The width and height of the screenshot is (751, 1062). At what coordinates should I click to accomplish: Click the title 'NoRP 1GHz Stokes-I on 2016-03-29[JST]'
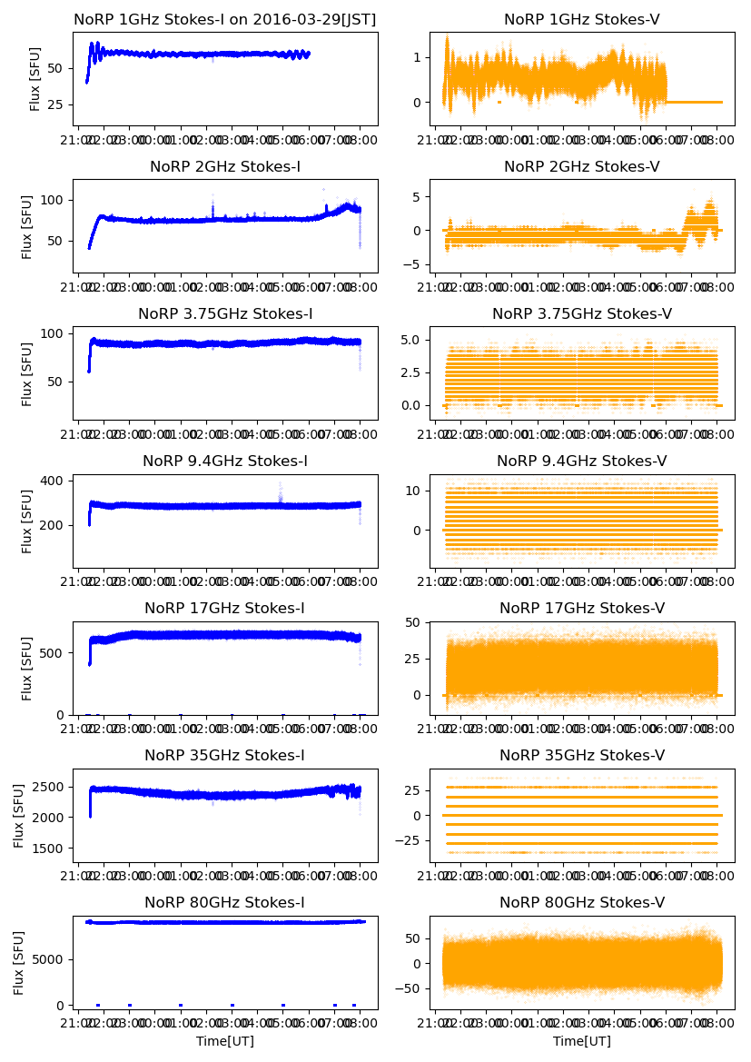(x=224, y=19)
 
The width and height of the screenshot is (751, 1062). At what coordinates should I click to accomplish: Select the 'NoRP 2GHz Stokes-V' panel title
(x=581, y=166)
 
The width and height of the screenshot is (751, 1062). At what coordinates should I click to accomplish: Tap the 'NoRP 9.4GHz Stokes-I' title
(x=224, y=461)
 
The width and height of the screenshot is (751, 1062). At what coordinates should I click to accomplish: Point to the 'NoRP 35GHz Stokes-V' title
(x=581, y=755)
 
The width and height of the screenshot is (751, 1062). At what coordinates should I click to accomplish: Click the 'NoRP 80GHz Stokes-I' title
(x=224, y=902)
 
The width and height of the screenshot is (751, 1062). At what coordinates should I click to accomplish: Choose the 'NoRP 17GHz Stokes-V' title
(x=581, y=608)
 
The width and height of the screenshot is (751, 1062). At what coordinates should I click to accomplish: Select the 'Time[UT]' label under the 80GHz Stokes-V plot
(x=581, y=1041)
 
